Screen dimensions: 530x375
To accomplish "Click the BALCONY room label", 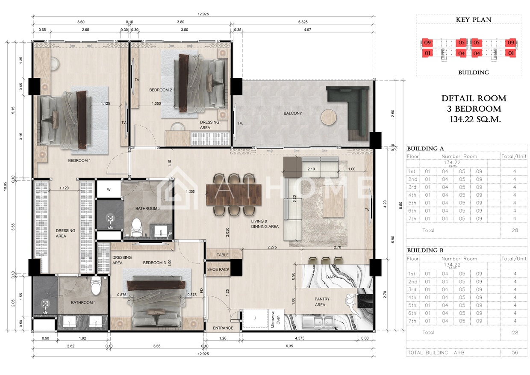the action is pyautogui.click(x=293, y=113).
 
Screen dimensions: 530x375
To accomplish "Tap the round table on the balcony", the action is pyautogui.click(x=329, y=117).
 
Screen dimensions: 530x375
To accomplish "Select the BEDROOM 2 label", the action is pyautogui.click(x=160, y=90).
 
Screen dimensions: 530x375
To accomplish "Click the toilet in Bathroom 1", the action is pyautogui.click(x=96, y=286).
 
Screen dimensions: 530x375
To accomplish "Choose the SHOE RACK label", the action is pyautogui.click(x=218, y=269).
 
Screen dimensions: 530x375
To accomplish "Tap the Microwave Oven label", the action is pyautogui.click(x=275, y=319).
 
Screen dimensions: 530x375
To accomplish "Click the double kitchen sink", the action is pyautogui.click(x=323, y=322).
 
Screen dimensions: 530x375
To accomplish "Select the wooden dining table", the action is pyautogui.click(x=234, y=195).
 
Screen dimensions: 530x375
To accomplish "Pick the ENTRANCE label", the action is pyautogui.click(x=223, y=328).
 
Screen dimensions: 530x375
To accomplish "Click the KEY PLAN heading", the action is pyautogui.click(x=474, y=20).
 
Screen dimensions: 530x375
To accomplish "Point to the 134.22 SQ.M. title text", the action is pyautogui.click(x=475, y=119).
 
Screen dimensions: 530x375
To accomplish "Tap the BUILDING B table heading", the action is pyautogui.click(x=425, y=251).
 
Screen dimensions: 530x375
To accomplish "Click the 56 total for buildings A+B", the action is pyautogui.click(x=515, y=352).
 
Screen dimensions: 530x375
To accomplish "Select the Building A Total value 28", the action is pyautogui.click(x=515, y=230).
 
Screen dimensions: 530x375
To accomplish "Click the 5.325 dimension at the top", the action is pyautogui.click(x=303, y=22).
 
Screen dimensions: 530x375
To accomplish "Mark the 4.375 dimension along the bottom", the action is pyautogui.click(x=300, y=338).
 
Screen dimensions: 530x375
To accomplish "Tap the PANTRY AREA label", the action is pyautogui.click(x=321, y=302).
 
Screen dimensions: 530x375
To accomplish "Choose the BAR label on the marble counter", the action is pyautogui.click(x=330, y=277).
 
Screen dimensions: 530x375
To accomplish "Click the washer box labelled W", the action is pyautogui.click(x=109, y=189).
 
